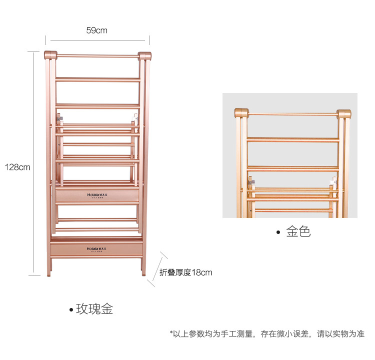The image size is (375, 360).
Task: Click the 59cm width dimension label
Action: (97, 30)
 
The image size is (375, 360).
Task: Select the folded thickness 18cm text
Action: (185, 272)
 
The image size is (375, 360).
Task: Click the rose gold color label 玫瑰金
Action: (94, 309)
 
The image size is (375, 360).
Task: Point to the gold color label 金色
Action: (298, 231)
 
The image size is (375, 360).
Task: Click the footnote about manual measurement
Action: (267, 333)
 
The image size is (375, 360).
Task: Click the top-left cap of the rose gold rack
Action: (51, 54)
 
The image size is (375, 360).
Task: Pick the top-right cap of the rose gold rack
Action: (144, 55)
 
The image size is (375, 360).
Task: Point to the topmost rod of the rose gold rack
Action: (97, 56)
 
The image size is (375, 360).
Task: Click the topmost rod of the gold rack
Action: (292, 114)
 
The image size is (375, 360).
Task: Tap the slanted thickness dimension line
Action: (157, 270)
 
